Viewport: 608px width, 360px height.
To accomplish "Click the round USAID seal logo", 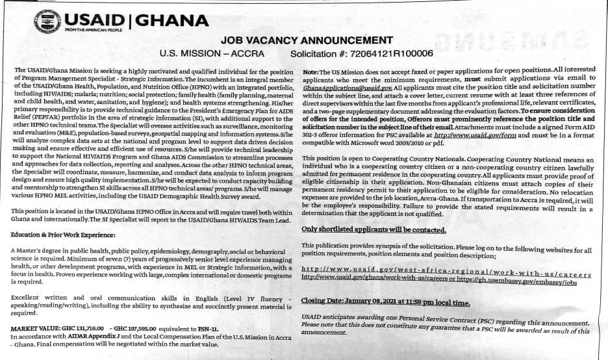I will [47, 21].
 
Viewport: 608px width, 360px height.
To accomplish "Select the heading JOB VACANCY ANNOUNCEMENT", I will [307, 40].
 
